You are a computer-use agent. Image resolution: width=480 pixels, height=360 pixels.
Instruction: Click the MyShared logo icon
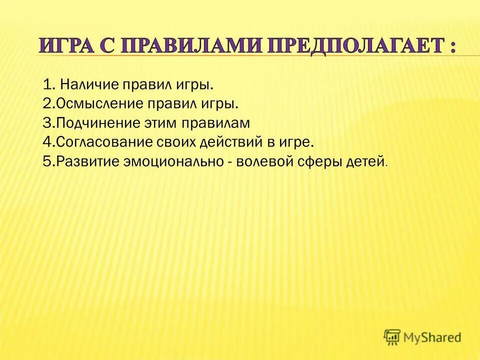(392, 337)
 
